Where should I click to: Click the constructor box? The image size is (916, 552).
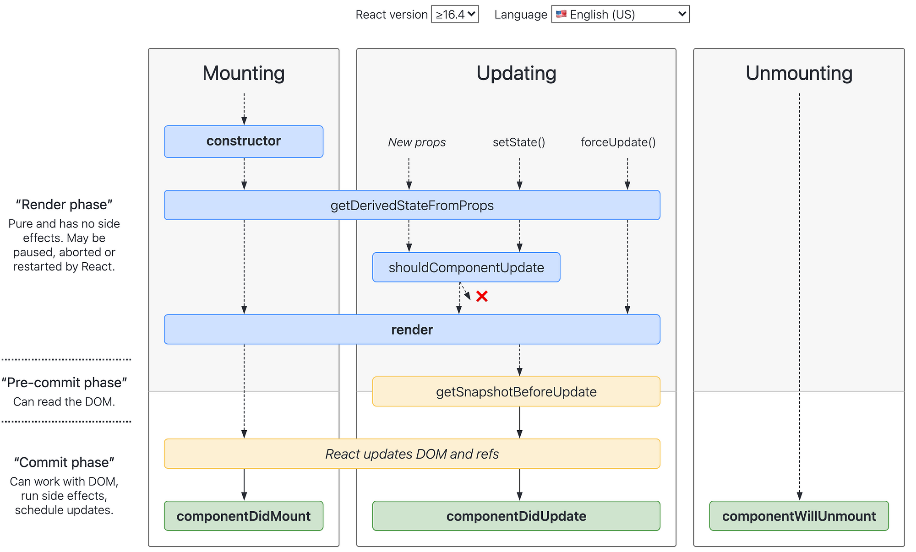click(244, 141)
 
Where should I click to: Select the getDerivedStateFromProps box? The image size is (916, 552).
click(412, 205)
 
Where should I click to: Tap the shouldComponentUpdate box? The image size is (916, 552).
click(466, 267)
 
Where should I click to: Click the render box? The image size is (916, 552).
click(412, 330)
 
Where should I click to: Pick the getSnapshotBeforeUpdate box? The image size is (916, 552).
click(516, 392)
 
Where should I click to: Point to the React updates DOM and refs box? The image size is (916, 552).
click(412, 454)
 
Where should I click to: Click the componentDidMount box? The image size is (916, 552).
click(244, 516)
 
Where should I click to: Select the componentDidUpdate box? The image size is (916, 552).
click(516, 516)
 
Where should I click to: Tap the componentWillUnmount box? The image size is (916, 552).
click(799, 516)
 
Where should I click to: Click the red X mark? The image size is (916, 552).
click(482, 296)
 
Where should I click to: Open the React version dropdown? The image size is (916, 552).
click(455, 14)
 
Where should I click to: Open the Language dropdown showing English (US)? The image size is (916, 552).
click(620, 14)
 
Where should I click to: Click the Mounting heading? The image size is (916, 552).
click(244, 73)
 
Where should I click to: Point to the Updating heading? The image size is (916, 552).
click(516, 73)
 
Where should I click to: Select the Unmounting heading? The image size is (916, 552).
click(799, 73)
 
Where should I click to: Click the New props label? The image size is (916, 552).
click(417, 142)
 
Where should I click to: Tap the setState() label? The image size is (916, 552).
click(519, 142)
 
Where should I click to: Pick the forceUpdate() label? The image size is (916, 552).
click(618, 142)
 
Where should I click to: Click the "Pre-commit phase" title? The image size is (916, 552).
click(64, 383)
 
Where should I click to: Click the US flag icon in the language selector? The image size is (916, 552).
click(561, 14)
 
